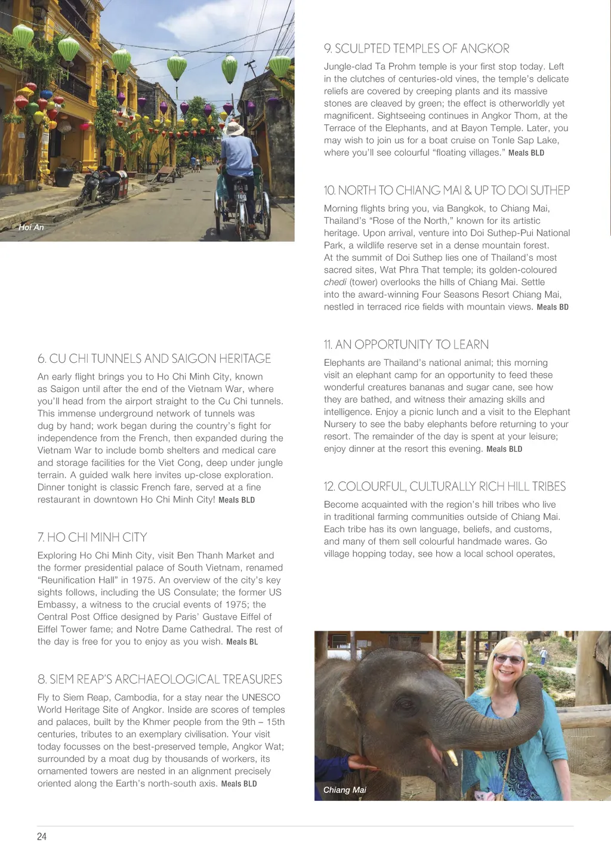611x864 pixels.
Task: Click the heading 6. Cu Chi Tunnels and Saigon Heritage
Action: point(154,359)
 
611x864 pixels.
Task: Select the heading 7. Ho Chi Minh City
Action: point(92,537)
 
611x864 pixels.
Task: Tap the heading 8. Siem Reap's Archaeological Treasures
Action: point(159,679)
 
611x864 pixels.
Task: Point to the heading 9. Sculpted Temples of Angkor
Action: point(416,48)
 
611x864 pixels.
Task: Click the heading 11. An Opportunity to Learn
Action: point(406,344)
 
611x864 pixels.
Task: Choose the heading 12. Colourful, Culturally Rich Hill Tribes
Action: point(445,486)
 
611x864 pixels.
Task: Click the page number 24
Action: point(42,837)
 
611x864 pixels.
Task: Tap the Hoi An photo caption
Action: point(31,227)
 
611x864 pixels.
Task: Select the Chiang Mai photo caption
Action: point(344,790)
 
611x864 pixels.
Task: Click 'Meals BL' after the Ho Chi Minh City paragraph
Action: point(242,642)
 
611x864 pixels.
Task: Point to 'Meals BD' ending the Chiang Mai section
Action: point(553,307)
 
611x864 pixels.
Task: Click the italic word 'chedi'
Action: point(335,282)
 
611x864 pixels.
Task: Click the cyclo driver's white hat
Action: point(234,128)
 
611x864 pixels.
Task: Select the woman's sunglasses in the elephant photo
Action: point(508,659)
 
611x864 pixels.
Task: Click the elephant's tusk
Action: point(452,757)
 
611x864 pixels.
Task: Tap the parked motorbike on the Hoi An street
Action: point(101,186)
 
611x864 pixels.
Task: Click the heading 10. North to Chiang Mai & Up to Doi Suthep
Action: point(446,190)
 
